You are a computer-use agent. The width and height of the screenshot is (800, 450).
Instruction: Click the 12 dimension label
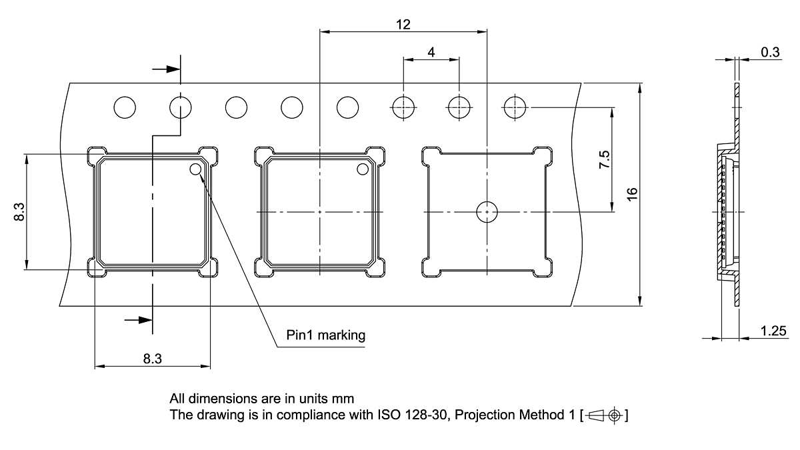pyautogui.click(x=403, y=25)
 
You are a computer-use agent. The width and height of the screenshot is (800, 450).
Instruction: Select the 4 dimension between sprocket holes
pyautogui.click(x=432, y=52)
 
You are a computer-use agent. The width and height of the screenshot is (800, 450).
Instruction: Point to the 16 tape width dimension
pyautogui.click(x=633, y=193)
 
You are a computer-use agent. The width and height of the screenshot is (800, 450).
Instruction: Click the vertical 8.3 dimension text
pyautogui.click(x=19, y=212)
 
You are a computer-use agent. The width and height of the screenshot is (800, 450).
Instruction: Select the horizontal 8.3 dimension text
pyautogui.click(x=152, y=359)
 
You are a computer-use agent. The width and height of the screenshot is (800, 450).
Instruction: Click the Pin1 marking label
pyautogui.click(x=326, y=335)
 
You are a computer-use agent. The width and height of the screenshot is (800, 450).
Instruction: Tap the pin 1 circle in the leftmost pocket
pyautogui.click(x=196, y=169)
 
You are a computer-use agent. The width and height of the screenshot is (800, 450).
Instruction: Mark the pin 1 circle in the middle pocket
pyautogui.click(x=363, y=169)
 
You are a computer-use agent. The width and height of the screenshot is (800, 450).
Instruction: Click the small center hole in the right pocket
pyautogui.click(x=487, y=212)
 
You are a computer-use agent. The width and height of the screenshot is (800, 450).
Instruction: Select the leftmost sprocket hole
pyautogui.click(x=125, y=107)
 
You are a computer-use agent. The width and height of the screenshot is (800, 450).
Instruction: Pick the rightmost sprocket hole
pyautogui.click(x=515, y=107)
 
